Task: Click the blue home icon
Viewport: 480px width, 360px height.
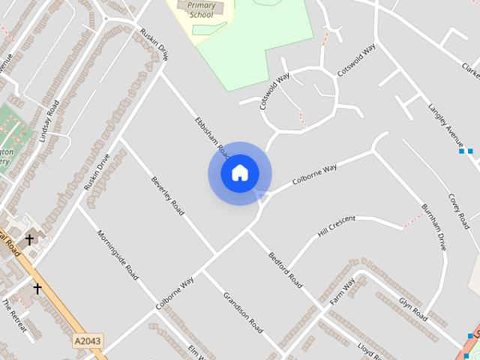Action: (x=239, y=173)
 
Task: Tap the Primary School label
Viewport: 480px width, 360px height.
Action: (x=201, y=10)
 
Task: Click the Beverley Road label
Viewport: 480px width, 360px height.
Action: (x=167, y=196)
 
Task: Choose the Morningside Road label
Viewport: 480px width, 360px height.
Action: (x=118, y=255)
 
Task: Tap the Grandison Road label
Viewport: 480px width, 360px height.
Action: (x=243, y=312)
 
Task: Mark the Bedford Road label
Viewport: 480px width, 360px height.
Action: (x=285, y=270)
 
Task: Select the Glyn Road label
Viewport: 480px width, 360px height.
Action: (x=412, y=309)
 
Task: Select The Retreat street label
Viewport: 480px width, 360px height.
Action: (x=14, y=316)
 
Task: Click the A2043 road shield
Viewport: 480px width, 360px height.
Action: (x=88, y=341)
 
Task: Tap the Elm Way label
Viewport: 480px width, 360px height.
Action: (x=196, y=352)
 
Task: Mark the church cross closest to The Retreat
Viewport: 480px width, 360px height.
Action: (x=37, y=288)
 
